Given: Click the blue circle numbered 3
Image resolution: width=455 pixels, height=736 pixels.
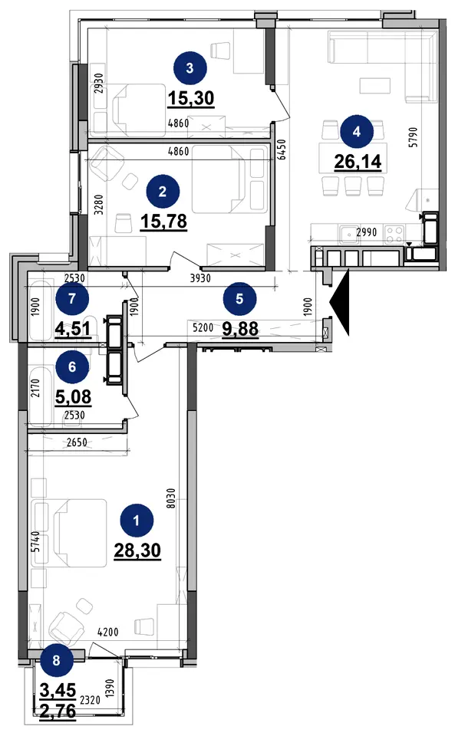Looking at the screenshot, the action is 190,68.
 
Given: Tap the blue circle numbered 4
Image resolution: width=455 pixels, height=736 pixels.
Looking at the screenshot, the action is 357,132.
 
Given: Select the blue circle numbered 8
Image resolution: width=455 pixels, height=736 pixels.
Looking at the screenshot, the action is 56,660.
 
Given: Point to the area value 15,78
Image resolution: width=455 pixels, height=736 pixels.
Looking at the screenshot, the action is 164,221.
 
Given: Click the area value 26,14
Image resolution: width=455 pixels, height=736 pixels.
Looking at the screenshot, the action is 358,162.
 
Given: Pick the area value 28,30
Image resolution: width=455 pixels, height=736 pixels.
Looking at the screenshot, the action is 137,550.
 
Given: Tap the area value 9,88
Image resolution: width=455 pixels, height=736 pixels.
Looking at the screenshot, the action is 240,329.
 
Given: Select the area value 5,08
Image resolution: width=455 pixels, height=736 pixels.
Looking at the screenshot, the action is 73,397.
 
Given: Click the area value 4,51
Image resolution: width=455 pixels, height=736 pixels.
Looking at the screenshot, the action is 73,328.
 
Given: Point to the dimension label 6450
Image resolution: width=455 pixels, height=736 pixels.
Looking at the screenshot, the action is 282,149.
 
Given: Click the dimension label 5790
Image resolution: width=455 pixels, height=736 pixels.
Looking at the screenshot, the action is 413,137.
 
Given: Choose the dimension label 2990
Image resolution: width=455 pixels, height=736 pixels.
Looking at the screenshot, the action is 366,232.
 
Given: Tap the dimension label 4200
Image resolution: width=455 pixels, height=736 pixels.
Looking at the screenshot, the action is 108,632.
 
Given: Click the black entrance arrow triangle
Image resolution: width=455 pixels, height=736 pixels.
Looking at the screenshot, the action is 340,302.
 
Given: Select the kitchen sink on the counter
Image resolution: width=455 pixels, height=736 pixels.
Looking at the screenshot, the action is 350,233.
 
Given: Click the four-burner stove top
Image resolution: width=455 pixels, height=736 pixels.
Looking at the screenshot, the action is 394,234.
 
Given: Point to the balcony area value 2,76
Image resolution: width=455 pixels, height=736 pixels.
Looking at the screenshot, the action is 58,711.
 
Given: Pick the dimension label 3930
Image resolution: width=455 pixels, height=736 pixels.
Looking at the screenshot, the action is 200,278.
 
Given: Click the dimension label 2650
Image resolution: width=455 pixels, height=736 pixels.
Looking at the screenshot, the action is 77,442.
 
